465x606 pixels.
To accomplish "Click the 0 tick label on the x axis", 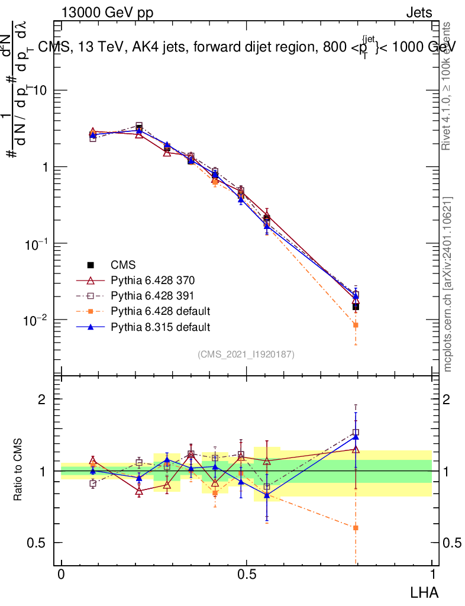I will pyautogui.click(x=62, y=575).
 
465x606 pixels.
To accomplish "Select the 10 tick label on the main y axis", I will pyautogui.click(x=38, y=91).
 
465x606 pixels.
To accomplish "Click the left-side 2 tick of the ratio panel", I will pyautogui.click(x=42, y=399).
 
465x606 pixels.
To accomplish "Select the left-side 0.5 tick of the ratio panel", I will pyautogui.click(x=37, y=543).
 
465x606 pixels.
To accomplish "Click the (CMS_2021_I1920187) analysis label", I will pyautogui.click(x=246, y=354).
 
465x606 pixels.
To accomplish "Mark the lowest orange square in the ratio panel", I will pyautogui.click(x=356, y=527).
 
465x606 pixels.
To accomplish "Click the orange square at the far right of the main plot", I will pyautogui.click(x=356, y=325).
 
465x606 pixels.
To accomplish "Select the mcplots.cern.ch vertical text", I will pyautogui.click(x=448, y=284).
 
